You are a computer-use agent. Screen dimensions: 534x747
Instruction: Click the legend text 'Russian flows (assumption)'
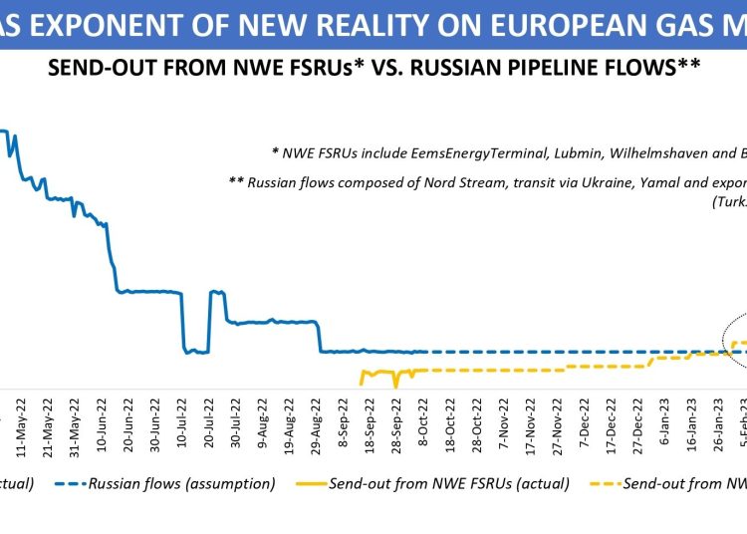click(181, 484)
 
